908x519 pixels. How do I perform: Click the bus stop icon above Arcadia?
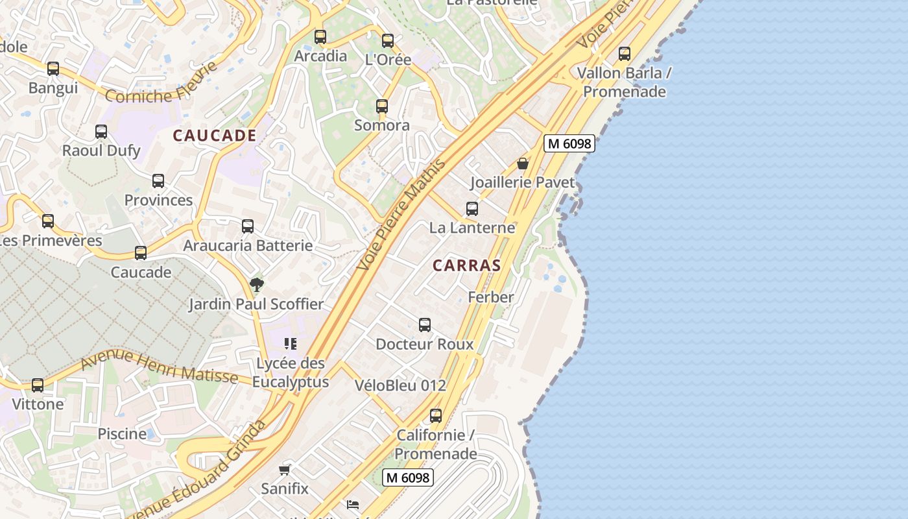(x=320, y=37)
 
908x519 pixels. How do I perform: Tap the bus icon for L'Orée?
(x=388, y=41)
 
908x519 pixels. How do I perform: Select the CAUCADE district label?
(x=215, y=136)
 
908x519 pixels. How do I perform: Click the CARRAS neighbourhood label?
(x=466, y=265)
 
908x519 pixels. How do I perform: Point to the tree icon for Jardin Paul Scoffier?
(x=256, y=284)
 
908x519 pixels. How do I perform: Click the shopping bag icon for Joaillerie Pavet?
(x=523, y=163)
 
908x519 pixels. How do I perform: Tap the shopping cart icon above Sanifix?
(x=285, y=469)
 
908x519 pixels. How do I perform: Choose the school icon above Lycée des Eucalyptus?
(x=290, y=343)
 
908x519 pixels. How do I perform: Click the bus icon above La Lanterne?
(x=472, y=209)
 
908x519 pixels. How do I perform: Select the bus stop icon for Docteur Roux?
(x=425, y=325)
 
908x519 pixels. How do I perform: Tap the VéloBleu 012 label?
(x=400, y=385)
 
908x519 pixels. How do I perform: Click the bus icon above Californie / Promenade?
(x=436, y=416)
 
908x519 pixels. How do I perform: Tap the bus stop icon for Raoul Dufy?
(x=101, y=132)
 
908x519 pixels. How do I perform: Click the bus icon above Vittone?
(x=38, y=385)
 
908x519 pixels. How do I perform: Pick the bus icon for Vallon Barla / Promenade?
(x=625, y=54)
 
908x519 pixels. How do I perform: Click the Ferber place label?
(x=491, y=297)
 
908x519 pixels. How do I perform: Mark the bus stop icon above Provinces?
(x=158, y=181)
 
